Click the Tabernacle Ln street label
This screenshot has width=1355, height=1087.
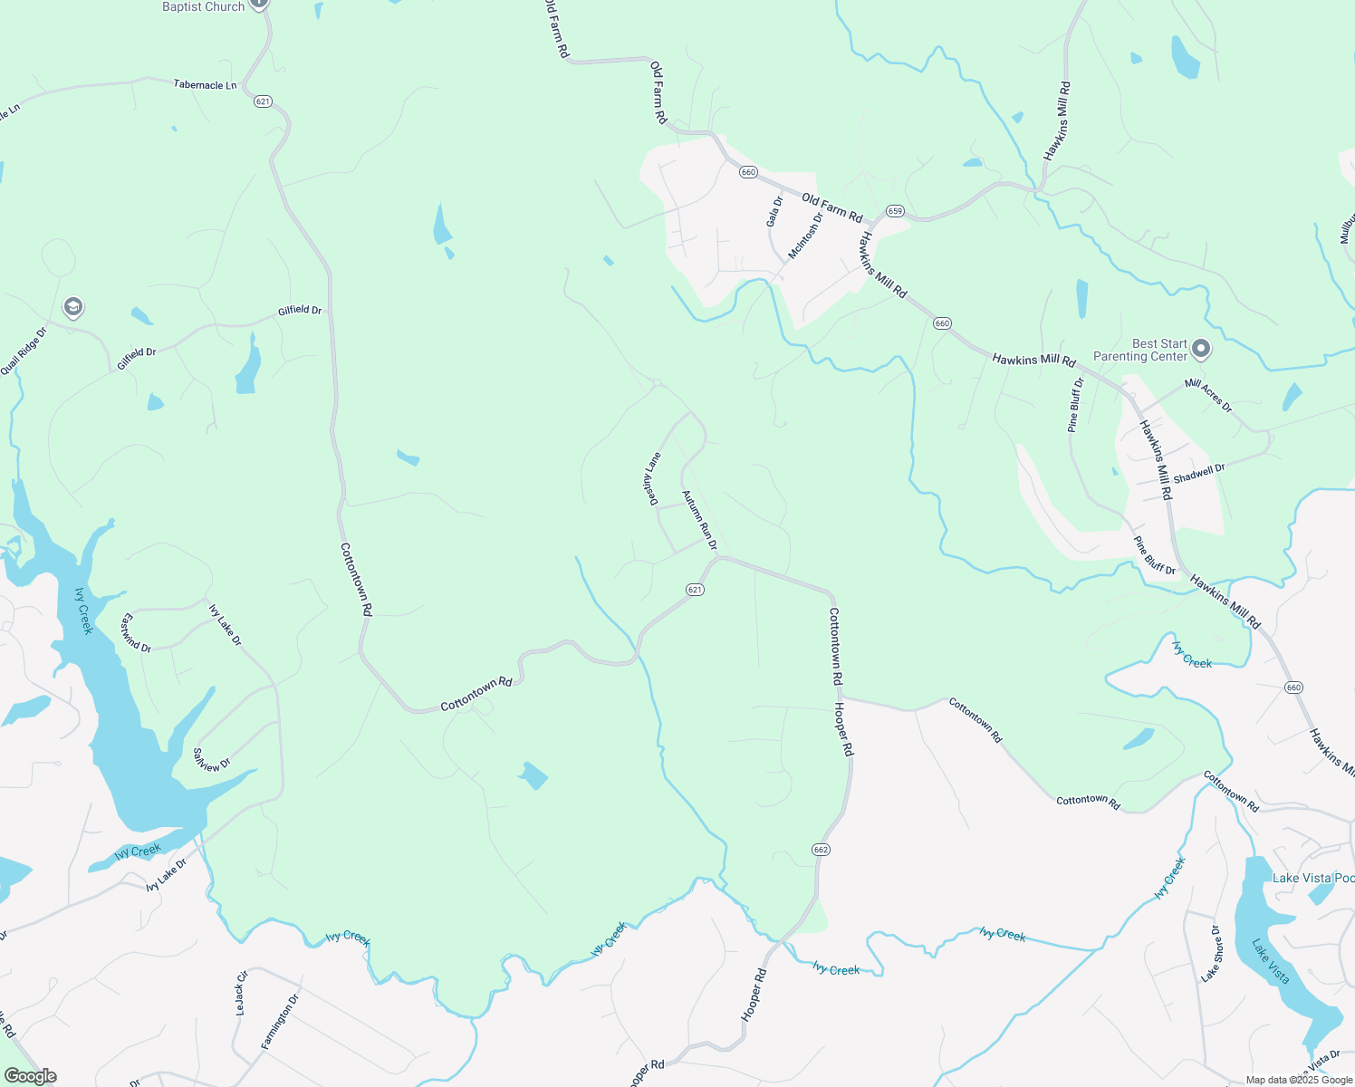[205, 85]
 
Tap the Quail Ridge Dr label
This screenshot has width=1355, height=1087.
[23, 351]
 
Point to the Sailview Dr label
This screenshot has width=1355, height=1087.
[212, 759]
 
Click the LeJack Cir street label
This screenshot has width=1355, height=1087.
[241, 994]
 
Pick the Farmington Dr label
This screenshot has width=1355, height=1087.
[280, 1022]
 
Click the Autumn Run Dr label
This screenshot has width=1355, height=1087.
[699, 520]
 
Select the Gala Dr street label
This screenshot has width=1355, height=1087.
[774, 212]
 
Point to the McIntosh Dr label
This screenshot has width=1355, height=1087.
[805, 235]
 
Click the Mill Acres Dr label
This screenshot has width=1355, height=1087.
[1208, 396]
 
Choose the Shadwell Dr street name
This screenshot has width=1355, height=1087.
[1198, 474]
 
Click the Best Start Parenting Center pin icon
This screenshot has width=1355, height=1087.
[1201, 348]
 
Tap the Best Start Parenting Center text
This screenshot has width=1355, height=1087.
[1140, 351]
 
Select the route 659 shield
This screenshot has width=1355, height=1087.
[895, 211]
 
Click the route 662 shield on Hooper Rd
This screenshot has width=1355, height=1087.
[821, 850]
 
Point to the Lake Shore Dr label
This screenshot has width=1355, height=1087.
[1210, 954]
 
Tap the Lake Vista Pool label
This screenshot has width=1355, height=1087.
[1312, 878]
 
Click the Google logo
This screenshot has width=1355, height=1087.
[29, 1076]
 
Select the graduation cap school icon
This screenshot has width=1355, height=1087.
[73, 308]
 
